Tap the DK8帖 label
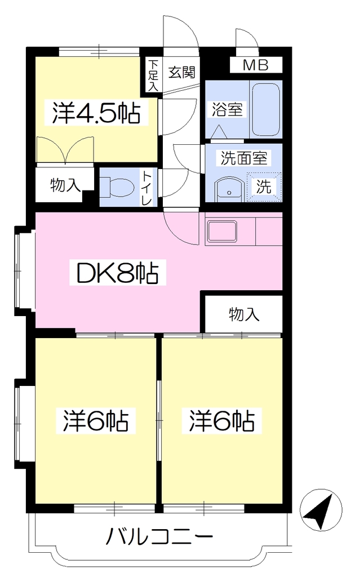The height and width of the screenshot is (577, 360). point(117,273)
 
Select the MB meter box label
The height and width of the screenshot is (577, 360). point(256,65)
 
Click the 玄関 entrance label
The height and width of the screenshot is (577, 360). point(181,73)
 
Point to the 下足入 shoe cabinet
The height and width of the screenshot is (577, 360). point(153,76)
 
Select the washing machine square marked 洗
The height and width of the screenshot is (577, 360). point(264,187)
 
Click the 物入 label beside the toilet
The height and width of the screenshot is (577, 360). point(65,185)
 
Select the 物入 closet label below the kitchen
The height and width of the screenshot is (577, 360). point(244,314)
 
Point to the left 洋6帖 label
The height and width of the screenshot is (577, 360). point(96,421)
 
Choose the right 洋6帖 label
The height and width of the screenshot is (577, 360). point(222,421)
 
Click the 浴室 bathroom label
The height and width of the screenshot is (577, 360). point(227,109)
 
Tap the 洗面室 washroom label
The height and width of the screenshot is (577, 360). point(244,158)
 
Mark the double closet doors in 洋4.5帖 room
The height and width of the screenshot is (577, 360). point(65,149)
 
